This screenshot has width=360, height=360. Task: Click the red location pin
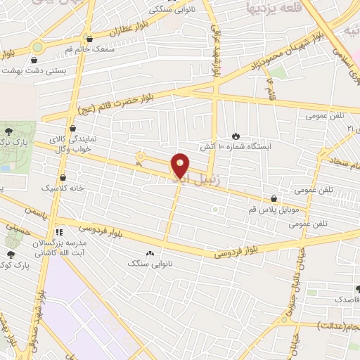(x=181, y=165)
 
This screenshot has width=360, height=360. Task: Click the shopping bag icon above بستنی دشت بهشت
(x=34, y=60)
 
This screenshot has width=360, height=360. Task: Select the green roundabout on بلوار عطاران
(x=37, y=46)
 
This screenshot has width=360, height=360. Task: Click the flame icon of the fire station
(x=235, y=136)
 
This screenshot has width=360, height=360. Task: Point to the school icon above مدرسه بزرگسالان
(x=60, y=231)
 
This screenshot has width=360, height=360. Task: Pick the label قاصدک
(x=344, y=299)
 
